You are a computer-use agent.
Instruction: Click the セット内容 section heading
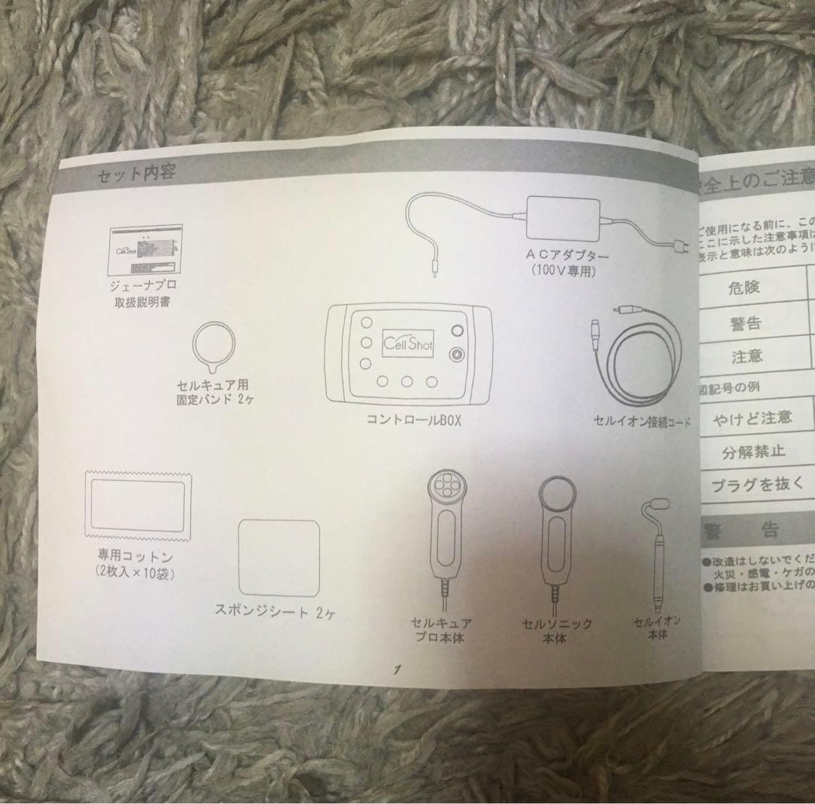point(137,173)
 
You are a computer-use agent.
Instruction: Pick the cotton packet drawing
point(139,505)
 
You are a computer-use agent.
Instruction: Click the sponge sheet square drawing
point(280,557)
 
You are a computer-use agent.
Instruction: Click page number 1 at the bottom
point(395,670)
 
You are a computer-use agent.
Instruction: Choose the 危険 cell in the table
point(744,287)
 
